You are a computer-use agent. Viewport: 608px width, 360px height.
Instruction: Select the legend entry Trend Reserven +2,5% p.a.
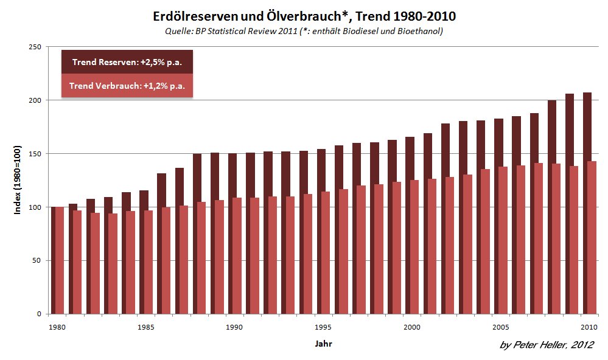(127, 62)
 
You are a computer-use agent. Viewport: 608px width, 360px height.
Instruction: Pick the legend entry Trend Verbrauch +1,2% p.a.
(127, 86)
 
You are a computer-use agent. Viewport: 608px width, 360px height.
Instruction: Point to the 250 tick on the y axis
(34, 47)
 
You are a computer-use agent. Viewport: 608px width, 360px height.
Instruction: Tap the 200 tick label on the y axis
(34, 100)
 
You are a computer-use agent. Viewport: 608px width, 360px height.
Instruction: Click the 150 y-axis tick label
(34, 154)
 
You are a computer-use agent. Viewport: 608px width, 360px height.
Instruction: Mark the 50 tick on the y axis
(37, 261)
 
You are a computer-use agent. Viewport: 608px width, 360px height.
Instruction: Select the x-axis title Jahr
(323, 344)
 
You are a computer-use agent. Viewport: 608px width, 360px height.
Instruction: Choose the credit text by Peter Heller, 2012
(546, 345)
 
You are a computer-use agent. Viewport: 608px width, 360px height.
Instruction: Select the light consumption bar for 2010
(590, 237)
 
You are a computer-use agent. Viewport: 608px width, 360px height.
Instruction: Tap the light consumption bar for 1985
(147, 261)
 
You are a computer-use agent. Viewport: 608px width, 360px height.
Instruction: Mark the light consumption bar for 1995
(325, 252)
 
